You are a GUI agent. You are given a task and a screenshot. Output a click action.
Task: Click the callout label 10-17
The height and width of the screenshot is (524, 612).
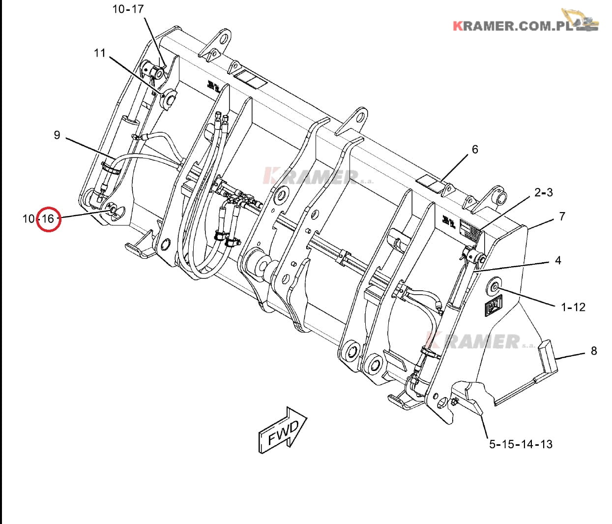(x=128, y=9)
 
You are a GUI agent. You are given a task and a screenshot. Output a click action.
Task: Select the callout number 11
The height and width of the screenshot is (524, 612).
(x=100, y=53)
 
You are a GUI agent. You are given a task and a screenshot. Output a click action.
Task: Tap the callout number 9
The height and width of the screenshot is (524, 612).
(x=57, y=135)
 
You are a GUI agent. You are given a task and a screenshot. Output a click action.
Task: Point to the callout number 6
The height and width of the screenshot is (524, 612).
(x=475, y=149)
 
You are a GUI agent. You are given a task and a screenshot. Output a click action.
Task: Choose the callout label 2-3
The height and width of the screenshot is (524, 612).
(x=543, y=192)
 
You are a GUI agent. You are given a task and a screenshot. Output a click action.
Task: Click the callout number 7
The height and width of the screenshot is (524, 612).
(x=562, y=216)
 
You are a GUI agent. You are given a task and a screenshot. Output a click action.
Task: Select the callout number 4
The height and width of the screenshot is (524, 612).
(x=558, y=260)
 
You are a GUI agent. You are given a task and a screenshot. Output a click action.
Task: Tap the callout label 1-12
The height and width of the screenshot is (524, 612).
(x=573, y=307)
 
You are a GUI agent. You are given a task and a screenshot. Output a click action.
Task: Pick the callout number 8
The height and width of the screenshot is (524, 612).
(x=594, y=351)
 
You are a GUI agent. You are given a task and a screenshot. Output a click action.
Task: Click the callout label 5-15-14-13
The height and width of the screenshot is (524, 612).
(x=520, y=444)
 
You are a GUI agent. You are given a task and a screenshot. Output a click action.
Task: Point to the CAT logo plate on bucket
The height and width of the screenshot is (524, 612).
(x=494, y=306)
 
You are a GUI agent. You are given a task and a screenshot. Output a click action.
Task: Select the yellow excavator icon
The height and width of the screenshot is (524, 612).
(x=582, y=20)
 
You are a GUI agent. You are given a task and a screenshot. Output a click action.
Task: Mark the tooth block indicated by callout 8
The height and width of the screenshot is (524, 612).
(x=547, y=359)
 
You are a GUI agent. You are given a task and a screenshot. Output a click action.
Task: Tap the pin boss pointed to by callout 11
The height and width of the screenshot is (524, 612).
(x=169, y=99)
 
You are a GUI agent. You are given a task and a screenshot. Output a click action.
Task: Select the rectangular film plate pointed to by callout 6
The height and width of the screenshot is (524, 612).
(x=429, y=184)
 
